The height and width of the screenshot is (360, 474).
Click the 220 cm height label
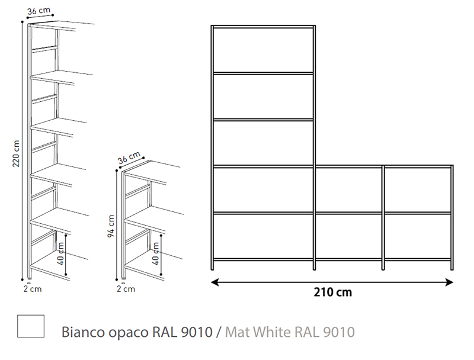16,153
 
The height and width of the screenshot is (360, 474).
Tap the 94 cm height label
111,226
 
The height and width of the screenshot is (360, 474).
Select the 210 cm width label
332,292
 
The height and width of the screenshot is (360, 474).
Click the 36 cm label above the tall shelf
39,11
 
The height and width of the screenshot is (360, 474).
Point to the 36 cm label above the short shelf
129,157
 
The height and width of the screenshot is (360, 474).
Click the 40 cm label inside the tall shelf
61,253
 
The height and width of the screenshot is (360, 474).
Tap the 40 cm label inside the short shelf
155,253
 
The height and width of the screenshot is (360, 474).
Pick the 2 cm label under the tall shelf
33,289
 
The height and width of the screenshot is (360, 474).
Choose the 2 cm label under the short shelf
126,289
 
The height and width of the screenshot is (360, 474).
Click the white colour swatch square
31,326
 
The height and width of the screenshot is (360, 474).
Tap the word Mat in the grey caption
237,332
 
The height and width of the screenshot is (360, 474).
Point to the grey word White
272,332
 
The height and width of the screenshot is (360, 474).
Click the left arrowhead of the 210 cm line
214,282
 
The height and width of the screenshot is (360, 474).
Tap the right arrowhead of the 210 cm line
450,282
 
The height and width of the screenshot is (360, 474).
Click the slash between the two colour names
219,332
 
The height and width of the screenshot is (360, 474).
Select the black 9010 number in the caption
197,332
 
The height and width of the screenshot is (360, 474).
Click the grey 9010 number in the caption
339,332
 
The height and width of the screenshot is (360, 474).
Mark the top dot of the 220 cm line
22,22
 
